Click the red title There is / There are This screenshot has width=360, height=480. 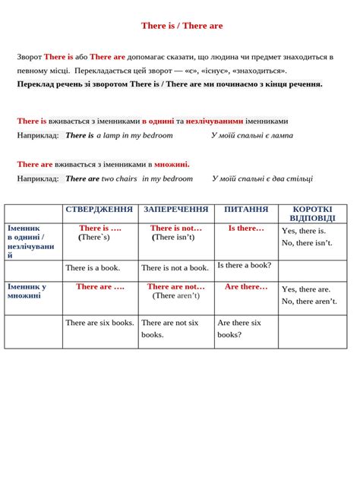(182, 26)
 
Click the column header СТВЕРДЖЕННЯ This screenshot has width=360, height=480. (99, 209)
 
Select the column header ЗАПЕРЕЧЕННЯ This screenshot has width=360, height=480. (175, 209)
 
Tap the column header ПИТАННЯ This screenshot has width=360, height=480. (245, 209)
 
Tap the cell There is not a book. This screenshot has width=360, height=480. (175, 267)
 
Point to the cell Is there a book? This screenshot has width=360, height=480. (244, 266)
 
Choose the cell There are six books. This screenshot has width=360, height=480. (99, 323)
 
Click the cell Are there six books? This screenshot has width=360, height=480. (239, 328)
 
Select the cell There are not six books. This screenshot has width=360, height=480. (170, 328)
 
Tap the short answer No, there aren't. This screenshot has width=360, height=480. (309, 302)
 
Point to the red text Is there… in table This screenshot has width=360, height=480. (246, 228)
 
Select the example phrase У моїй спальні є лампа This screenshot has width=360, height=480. (252, 136)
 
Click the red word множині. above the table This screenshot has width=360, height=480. (172, 164)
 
